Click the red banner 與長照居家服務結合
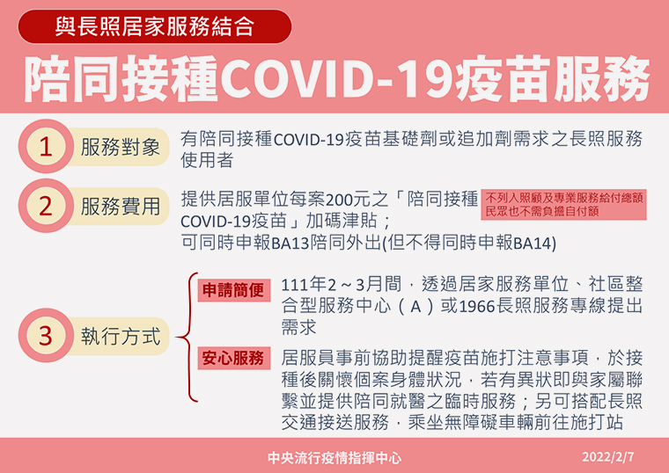pyautogui.click(x=155, y=26)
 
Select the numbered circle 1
pyautogui.click(x=46, y=146)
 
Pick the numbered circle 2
pyautogui.click(x=46, y=206)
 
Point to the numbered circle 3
pyautogui.click(x=46, y=335)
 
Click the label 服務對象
pyautogui.click(x=121, y=147)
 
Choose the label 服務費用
pyautogui.click(x=121, y=207)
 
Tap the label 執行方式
pyautogui.click(x=121, y=336)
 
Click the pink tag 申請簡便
pyautogui.click(x=234, y=290)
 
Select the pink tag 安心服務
pyautogui.click(x=234, y=358)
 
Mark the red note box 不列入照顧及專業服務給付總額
pyautogui.click(x=563, y=205)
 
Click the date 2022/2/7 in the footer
pyautogui.click(x=608, y=457)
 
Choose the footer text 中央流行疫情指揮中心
pyautogui.click(x=334, y=458)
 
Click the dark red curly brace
pyautogui.click(x=187, y=337)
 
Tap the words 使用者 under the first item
pyautogui.click(x=207, y=160)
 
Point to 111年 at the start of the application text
pyautogui.click(x=304, y=284)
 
